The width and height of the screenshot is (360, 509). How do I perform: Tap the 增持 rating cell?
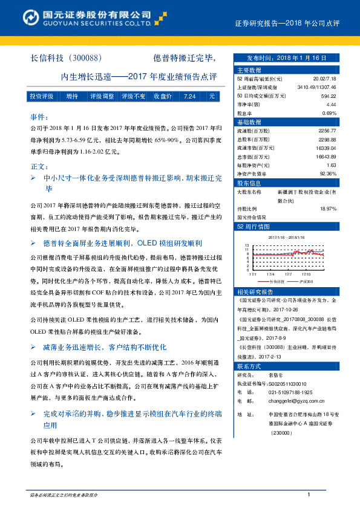coord(72,96)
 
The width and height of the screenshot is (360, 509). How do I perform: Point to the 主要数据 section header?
coord(249,70)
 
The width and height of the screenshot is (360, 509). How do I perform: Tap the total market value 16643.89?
coord(325,157)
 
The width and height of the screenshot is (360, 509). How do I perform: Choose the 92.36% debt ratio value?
coord(327,173)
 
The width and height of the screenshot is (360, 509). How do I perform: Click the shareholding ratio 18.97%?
coord(327,209)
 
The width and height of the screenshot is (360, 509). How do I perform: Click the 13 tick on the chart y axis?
coord(247,246)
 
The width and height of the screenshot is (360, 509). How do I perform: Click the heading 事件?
coord(39,117)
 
